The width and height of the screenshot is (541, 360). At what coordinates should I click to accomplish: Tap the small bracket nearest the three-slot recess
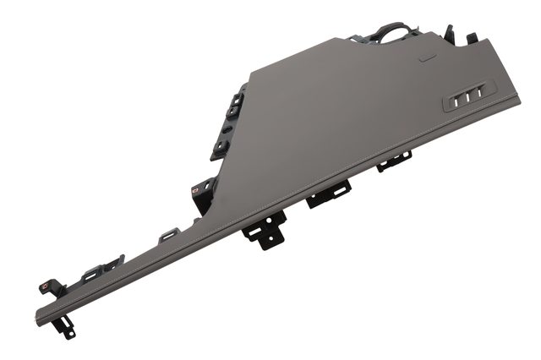pos(393,161)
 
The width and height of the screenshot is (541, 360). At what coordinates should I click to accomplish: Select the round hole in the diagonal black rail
pos(225,127)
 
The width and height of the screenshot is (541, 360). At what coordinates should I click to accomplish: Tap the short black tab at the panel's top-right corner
pos(472,38)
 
